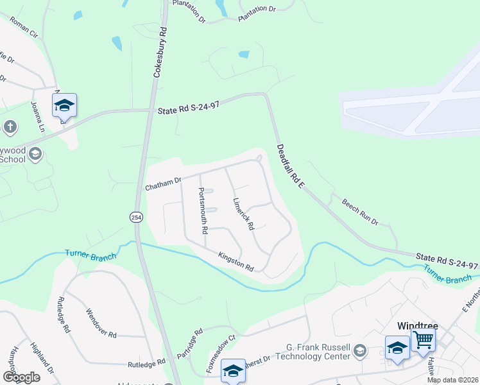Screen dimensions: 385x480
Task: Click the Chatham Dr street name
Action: pos(164,184)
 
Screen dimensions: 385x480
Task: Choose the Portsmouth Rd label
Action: pos(203,210)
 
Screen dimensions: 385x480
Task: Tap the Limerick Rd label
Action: pos(244,214)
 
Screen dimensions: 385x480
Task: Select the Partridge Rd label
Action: pos(194,344)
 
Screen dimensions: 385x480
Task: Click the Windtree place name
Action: pos(417,326)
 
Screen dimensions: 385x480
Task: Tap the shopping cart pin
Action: pos(423,339)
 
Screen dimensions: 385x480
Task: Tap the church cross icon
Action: pos(10,127)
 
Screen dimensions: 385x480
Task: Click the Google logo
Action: pos(21,377)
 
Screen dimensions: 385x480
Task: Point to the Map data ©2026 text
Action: pos(452,380)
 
